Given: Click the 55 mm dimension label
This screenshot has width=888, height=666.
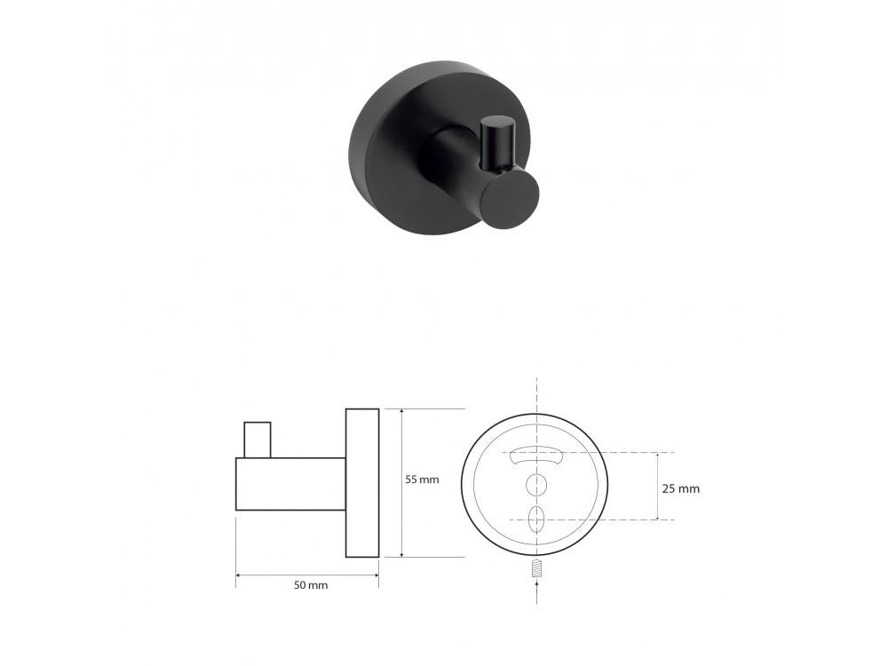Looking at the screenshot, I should pyautogui.click(x=422, y=480).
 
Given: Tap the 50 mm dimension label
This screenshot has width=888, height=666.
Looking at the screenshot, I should pyautogui.click(x=311, y=585).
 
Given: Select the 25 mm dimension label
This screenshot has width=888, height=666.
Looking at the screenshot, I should pyautogui.click(x=682, y=488).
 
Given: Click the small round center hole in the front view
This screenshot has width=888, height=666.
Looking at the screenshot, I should pyautogui.click(x=535, y=484).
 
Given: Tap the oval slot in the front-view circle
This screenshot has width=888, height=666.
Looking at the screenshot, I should pyautogui.click(x=535, y=519).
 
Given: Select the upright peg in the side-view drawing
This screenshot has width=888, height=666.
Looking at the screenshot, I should pyautogui.click(x=258, y=440).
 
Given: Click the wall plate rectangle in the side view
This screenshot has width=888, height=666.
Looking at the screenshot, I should pyautogui.click(x=362, y=483).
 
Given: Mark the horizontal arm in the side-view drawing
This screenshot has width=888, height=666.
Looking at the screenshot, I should pyautogui.click(x=290, y=484).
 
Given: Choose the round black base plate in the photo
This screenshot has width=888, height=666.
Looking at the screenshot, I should pyautogui.click(x=391, y=151).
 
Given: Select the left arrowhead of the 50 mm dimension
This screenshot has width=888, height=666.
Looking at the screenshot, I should pyautogui.click(x=240, y=575).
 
